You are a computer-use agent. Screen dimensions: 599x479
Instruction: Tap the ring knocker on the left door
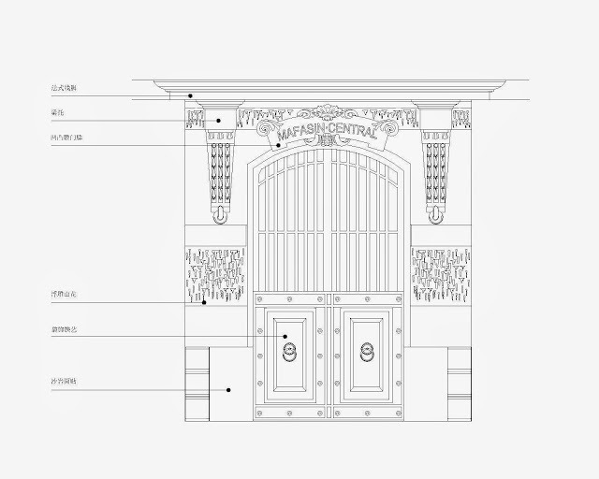coord(289,353)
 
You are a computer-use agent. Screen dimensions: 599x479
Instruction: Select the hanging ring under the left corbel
coord(220,216)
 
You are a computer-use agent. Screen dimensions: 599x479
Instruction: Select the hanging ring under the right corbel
coord(435,216)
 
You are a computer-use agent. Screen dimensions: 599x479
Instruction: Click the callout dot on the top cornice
coord(190,94)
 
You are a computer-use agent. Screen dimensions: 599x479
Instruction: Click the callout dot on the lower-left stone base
coord(228,389)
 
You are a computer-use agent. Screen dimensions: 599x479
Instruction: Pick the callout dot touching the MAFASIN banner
coord(278,147)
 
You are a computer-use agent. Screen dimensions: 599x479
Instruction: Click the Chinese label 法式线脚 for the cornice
coord(65,88)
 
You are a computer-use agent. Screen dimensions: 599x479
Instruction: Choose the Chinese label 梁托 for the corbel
coord(58,113)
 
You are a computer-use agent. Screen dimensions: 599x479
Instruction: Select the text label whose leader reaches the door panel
coord(65,329)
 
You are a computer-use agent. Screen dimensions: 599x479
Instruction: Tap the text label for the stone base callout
coord(65,383)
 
